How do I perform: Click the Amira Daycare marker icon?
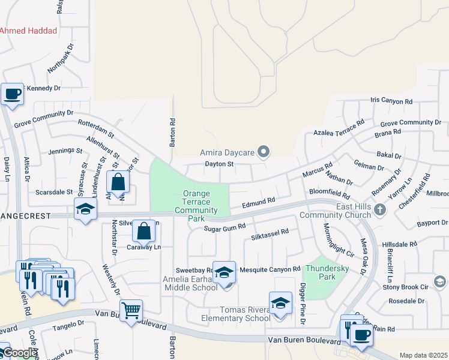[x=262, y=151]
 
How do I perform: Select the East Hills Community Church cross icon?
[x=379, y=209]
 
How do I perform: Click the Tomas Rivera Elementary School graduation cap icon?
[x=280, y=303]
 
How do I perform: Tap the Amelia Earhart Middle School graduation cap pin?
[x=224, y=271]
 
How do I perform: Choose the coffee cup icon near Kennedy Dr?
[x=12, y=94]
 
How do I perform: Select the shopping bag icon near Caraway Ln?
[x=143, y=230]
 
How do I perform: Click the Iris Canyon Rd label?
[x=391, y=101]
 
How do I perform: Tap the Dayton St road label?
[x=218, y=163]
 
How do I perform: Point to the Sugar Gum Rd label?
[x=225, y=227]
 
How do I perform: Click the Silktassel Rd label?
[x=270, y=232]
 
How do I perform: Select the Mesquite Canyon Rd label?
[x=270, y=269]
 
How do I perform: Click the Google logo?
[x=20, y=353]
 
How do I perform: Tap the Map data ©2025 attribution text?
[x=423, y=355]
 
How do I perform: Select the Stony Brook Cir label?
[x=415, y=287]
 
